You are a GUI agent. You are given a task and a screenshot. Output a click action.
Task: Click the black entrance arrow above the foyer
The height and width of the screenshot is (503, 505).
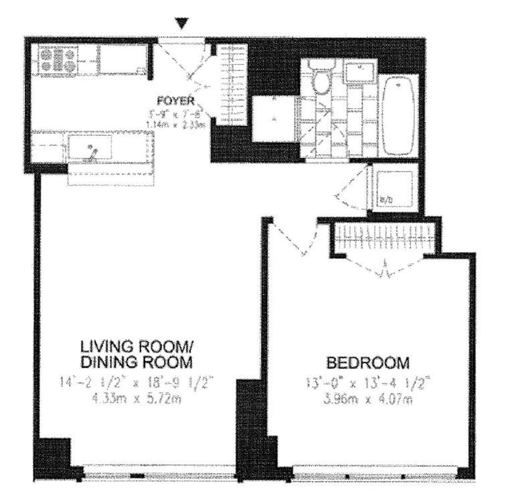182,24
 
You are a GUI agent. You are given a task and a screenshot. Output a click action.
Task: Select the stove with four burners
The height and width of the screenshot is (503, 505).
58,60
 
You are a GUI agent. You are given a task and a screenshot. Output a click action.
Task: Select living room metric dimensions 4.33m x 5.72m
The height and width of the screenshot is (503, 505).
136,399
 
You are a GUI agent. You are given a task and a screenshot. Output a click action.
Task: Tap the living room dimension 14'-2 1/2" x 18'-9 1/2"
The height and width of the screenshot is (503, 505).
136,382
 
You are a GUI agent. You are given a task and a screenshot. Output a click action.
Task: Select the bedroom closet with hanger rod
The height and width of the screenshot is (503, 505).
384,237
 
